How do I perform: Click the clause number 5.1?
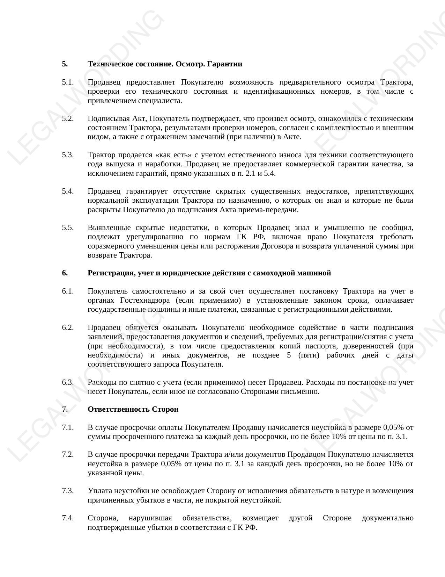point(68,82)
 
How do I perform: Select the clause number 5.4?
point(68,191)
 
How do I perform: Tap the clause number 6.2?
point(68,327)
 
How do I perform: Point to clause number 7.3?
point(68,491)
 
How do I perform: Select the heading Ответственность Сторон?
point(133,409)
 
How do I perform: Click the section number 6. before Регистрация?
point(65,273)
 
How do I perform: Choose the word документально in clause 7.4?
point(387,518)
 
